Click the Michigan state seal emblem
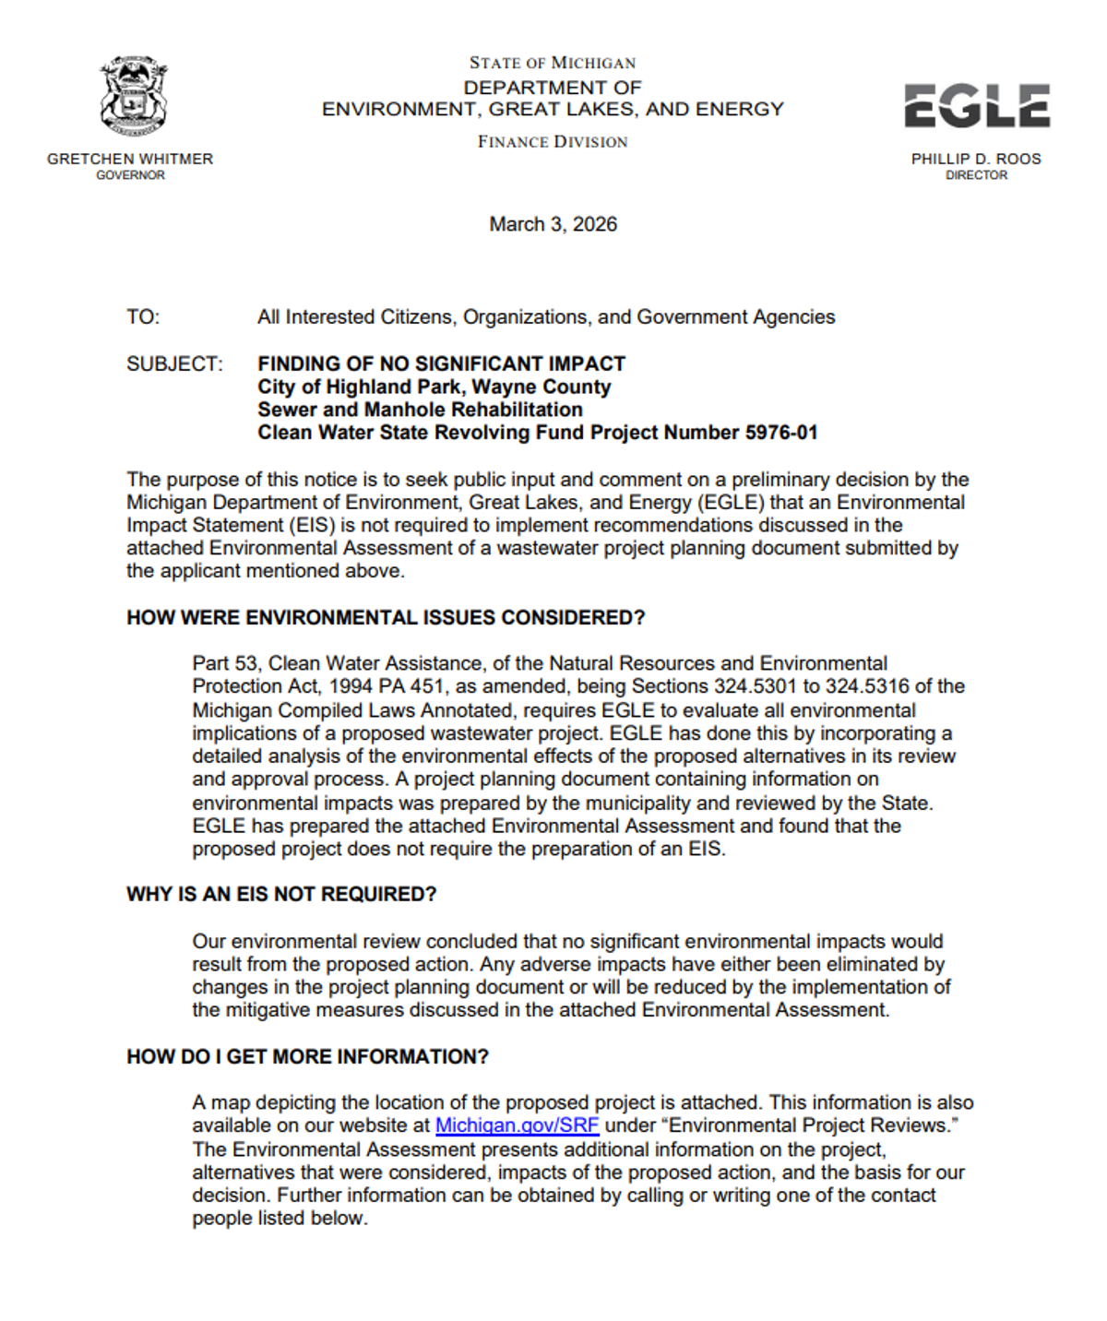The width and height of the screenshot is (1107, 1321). click(133, 96)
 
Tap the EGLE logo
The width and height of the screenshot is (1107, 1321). click(976, 105)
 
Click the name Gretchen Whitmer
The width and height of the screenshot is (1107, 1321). click(130, 159)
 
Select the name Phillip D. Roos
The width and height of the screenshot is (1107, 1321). click(976, 159)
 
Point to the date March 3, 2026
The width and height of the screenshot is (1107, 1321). click(553, 224)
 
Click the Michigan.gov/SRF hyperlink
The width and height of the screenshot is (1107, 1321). click(517, 1125)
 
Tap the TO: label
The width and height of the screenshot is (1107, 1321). click(143, 317)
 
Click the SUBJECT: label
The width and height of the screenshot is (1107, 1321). click(174, 364)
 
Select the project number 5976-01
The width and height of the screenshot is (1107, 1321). click(781, 433)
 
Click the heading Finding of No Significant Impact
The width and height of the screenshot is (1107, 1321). click(441, 364)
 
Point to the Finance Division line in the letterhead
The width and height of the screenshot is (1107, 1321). click(553, 141)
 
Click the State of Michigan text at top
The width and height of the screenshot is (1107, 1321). click(553, 63)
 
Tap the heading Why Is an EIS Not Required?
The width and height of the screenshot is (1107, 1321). click(281, 895)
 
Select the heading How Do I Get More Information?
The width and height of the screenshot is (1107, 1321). click(307, 1057)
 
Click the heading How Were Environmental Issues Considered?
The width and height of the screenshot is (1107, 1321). click(386, 618)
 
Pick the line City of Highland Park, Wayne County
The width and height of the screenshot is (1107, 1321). click(434, 387)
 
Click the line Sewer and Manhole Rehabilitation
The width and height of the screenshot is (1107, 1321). click(420, 410)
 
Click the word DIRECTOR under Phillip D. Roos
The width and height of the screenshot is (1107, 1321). click(976, 175)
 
